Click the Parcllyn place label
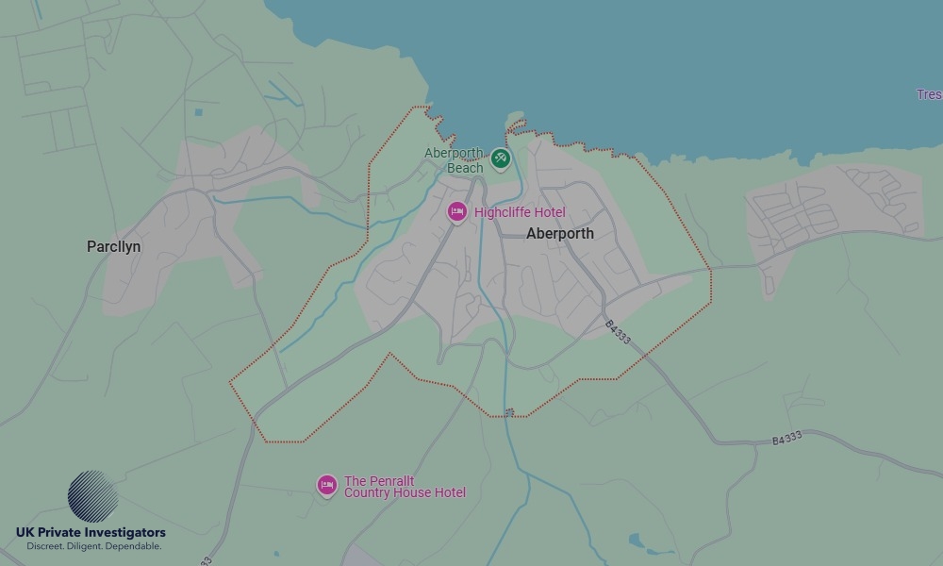pyautogui.click(x=114, y=246)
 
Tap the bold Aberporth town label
pyautogui.click(x=560, y=233)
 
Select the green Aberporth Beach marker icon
pyautogui.click(x=501, y=158)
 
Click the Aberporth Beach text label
pyautogui.click(x=454, y=160)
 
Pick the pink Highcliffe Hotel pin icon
pyautogui.click(x=457, y=211)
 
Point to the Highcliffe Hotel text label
pyautogui.click(x=520, y=212)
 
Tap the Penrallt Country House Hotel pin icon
pyautogui.click(x=326, y=485)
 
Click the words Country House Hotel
pyautogui.click(x=405, y=493)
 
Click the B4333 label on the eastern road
pyautogui.click(x=786, y=438)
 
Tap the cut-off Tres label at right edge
pyautogui.click(x=929, y=94)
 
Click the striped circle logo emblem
pyautogui.click(x=93, y=496)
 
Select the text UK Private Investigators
pyautogui.click(x=91, y=533)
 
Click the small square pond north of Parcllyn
pyautogui.click(x=199, y=112)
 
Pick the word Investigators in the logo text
pyautogui.click(x=123, y=533)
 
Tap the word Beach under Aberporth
pyautogui.click(x=465, y=168)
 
